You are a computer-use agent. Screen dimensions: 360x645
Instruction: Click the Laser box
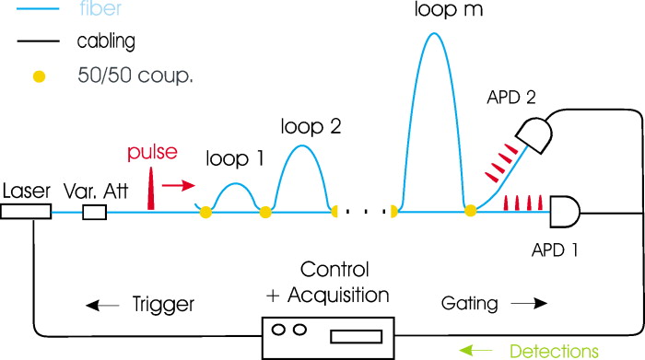click(x=25, y=212)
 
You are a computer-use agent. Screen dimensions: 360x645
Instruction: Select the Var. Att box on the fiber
click(x=95, y=213)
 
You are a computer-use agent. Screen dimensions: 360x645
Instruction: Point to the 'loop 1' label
click(x=235, y=158)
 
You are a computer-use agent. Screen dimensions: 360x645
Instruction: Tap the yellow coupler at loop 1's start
click(x=205, y=213)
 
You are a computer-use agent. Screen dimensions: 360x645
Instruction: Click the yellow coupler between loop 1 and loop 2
click(x=265, y=213)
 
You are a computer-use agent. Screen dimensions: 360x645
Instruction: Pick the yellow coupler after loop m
click(x=470, y=213)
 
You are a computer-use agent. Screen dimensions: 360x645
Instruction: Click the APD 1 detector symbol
click(x=563, y=213)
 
